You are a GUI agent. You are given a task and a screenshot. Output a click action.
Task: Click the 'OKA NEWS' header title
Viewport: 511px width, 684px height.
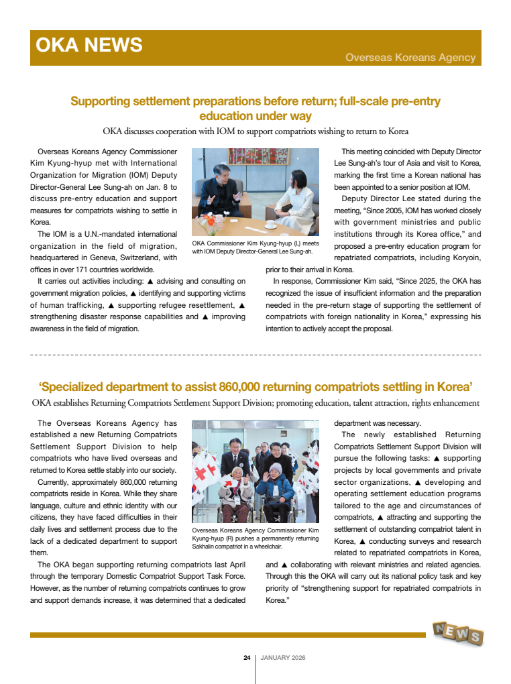[89, 45]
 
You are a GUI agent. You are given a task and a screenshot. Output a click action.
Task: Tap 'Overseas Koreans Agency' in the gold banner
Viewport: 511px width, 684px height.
[410, 58]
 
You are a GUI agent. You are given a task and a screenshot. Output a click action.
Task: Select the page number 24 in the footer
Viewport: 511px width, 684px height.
[247, 658]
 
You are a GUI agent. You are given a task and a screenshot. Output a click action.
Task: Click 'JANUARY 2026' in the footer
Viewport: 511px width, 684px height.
[283, 658]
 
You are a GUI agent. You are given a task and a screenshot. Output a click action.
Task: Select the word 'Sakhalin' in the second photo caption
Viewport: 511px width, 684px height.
[203, 547]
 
